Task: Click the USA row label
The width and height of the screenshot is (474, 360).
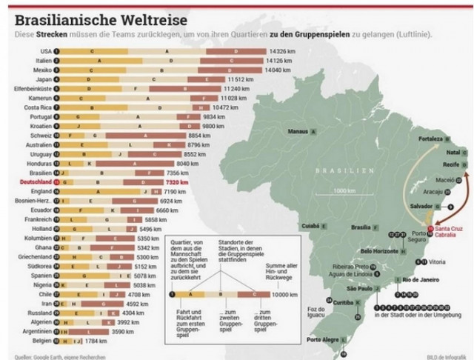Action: pos(45,51)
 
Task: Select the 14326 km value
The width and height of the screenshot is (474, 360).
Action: pos(280,51)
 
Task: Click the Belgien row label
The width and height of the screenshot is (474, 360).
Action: pos(41,341)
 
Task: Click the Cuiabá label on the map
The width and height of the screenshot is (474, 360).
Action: pos(309,225)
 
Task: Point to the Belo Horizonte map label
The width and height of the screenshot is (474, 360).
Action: pos(379,251)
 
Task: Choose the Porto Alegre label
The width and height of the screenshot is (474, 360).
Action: pos(323,340)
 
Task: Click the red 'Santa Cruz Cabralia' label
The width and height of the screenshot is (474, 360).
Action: pos(450,231)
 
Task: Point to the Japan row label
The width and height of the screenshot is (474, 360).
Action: pos(42,79)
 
